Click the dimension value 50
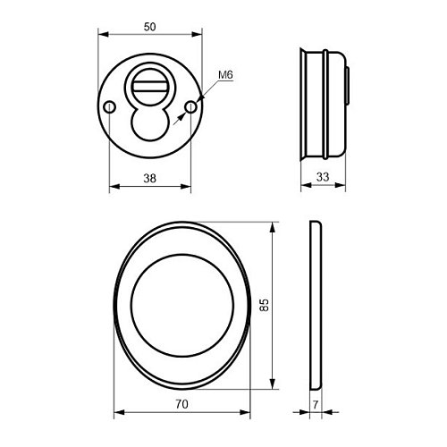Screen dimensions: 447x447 pos(149,27)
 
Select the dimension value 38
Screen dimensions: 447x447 pos(149,178)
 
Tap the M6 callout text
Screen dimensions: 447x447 pos(225,75)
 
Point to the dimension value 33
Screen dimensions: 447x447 pos(323,177)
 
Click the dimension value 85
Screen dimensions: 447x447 pos(265,305)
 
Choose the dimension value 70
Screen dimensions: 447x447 pos(181,404)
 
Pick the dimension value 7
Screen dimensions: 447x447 pos(316,404)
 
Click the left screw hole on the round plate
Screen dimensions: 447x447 pos(109,107)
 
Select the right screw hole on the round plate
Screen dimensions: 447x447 pos(190,107)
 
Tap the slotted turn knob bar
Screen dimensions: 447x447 pos(150,87)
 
